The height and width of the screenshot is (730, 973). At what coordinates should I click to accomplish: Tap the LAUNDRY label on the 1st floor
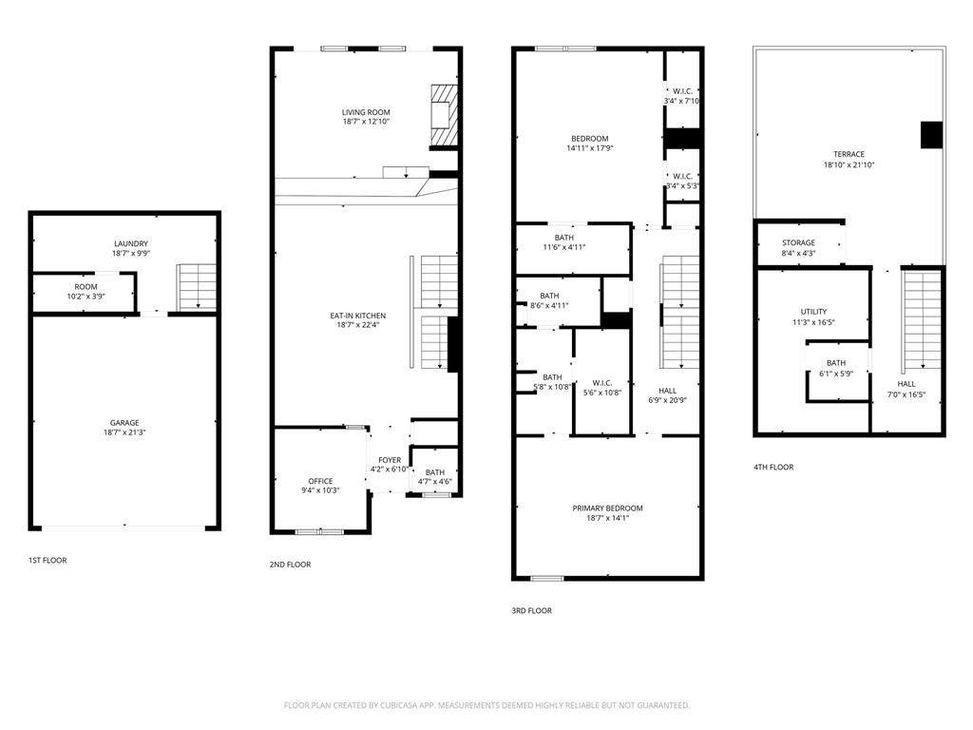[x=130, y=243]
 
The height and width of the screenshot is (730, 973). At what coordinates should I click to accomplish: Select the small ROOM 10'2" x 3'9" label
[x=86, y=286]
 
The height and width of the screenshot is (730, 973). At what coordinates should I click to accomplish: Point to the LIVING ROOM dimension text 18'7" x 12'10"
[x=366, y=122]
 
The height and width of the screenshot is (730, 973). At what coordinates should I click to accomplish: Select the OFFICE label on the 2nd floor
[x=320, y=481]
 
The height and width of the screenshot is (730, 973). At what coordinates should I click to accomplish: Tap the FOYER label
[x=390, y=460]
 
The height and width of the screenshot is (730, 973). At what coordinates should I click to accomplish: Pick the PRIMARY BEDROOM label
[x=607, y=508]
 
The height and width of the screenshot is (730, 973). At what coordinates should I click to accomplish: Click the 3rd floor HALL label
[x=667, y=390]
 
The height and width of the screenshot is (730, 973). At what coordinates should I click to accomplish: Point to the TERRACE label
[x=849, y=154]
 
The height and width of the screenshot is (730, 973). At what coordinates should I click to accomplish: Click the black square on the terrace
[x=930, y=134]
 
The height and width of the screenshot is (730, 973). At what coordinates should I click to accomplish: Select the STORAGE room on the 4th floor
[x=798, y=242]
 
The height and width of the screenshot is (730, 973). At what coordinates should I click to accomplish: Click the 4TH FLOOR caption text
[x=773, y=467]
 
